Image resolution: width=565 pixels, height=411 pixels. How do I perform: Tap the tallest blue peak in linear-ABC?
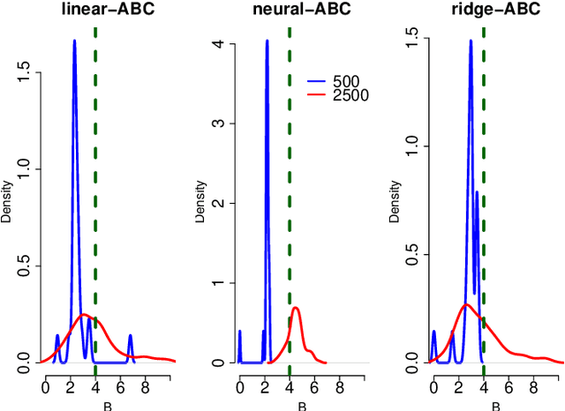click(74, 41)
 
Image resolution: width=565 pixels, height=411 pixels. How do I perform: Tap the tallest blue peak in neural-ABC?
click(267, 41)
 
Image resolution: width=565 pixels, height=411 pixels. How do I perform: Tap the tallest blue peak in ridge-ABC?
click(471, 41)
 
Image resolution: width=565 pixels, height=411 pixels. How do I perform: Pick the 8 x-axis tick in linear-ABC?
click(145, 385)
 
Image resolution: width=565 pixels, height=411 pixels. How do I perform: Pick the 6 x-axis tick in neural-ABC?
click(314, 385)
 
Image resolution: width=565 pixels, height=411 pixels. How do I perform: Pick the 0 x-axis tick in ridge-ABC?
click(433, 385)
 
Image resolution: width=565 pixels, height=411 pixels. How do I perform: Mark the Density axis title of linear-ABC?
click(6, 203)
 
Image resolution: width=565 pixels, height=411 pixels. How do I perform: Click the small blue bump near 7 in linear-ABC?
click(130, 337)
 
